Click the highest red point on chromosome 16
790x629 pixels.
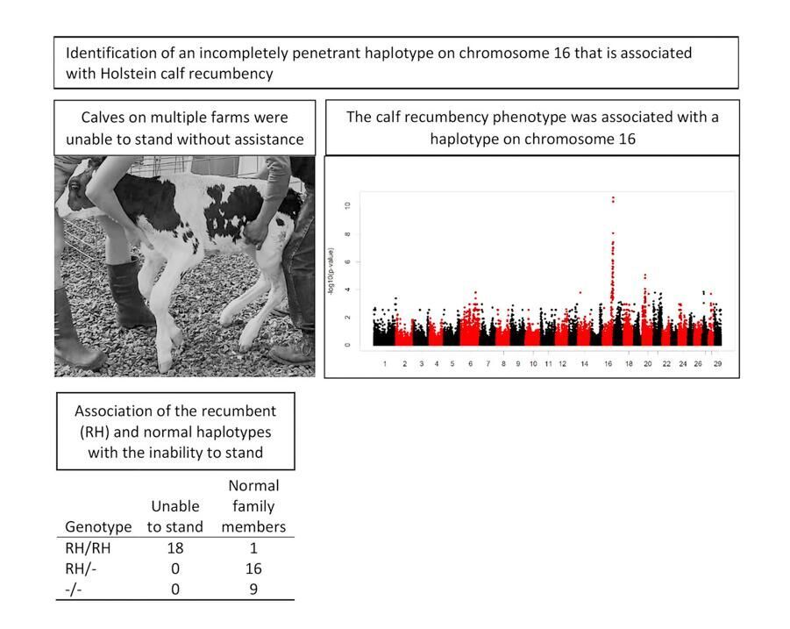coord(613,197)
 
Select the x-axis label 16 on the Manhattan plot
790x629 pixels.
coord(609,363)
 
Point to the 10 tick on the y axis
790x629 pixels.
coord(348,206)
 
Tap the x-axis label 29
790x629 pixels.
coord(716,363)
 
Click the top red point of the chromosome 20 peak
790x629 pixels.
coord(645,275)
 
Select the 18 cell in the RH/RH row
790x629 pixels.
coord(174,548)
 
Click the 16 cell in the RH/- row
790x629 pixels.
coord(253,568)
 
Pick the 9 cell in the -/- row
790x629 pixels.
coord(253,589)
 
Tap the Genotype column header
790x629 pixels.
coord(98,527)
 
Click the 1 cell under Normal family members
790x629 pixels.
coord(253,548)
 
